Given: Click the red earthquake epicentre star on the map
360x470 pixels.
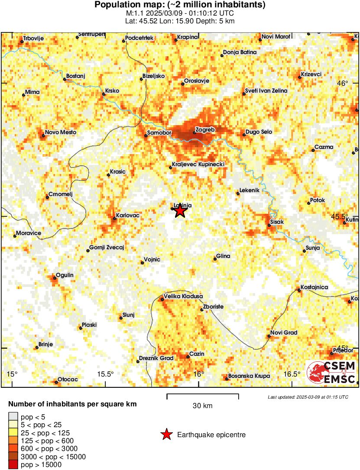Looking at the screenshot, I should pos(180,211).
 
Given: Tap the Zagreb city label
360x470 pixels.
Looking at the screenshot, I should pos(205,129).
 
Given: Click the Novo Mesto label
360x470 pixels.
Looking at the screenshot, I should pos(61,132).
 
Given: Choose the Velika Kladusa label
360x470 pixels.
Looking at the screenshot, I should pos(183,296).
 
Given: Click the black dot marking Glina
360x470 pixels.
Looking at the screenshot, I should pos(215,259).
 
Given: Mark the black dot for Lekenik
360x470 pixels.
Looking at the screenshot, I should pos(238,193).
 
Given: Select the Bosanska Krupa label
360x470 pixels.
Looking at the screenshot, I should pos(249,376).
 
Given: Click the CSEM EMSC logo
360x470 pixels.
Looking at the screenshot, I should pos(331,373).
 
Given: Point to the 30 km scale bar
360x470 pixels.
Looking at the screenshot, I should pos(203,395).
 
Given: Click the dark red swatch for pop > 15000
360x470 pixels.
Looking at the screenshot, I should pos(13,464).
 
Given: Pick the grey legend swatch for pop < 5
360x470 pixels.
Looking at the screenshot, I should pos(13,417).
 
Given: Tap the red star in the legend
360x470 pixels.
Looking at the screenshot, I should pos(166,435).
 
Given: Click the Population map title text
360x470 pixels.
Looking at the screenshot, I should pos(180,5).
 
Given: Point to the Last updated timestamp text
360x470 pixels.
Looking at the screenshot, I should pos(308,397).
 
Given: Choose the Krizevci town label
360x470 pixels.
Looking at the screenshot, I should pos(311,74).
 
